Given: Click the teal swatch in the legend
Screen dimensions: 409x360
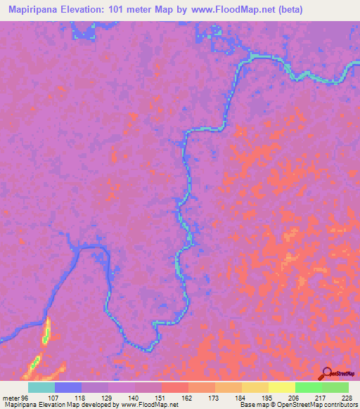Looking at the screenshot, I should click(x=41, y=387).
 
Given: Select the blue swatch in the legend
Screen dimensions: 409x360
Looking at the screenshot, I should click(x=67, y=387).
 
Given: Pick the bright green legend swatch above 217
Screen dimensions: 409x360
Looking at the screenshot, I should click(x=308, y=387).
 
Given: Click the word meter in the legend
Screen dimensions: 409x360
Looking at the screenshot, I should click(x=9, y=397).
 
